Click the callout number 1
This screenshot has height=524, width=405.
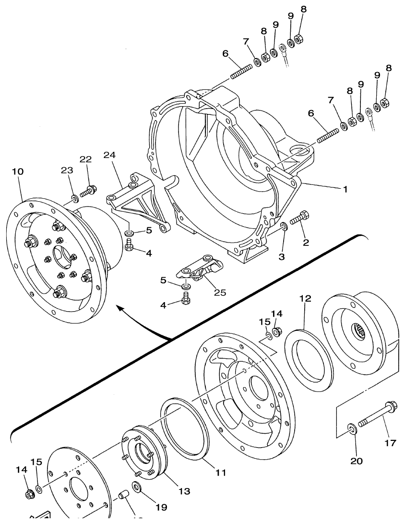[x=345, y=189]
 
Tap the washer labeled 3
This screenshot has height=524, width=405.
[x=284, y=226]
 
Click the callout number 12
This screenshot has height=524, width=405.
[x=305, y=298]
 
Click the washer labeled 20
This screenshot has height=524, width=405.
[x=352, y=427]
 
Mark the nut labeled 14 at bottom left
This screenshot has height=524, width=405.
[x=29, y=493]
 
